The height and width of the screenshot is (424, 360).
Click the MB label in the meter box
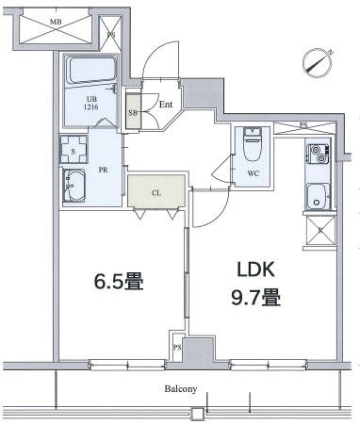click(56, 22)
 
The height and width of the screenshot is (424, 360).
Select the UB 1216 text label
click(90, 104)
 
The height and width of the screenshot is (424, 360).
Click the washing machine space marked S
click(74, 150)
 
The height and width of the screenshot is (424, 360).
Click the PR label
click(103, 171)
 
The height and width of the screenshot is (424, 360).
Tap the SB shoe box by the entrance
click(133, 111)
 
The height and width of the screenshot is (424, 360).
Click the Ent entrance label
click(166, 105)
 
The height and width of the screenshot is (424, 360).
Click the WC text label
click(253, 173)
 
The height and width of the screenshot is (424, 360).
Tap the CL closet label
click(156, 193)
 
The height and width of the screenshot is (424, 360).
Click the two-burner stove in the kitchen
click(318, 154)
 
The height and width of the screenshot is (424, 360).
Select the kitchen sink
click(318, 196)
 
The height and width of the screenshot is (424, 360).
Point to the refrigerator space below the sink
click(320, 231)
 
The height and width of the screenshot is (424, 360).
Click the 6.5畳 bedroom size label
click(119, 282)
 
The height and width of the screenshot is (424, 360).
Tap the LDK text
click(256, 269)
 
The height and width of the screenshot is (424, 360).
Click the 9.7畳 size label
click(255, 298)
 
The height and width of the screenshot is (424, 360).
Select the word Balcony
click(181, 389)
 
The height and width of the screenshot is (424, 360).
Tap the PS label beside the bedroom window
click(177, 348)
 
